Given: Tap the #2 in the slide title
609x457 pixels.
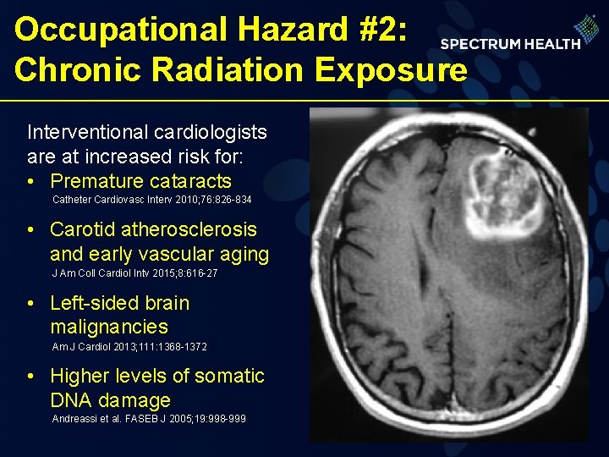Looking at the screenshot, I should coord(385,30).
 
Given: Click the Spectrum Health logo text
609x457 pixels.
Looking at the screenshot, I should coord(510,43).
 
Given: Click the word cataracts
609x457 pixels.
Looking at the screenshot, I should coord(189,181).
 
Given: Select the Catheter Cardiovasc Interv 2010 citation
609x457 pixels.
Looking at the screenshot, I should coord(151,201).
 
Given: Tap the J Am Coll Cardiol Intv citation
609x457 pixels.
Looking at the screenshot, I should coord(134,274).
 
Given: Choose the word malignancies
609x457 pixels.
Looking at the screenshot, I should coord(109,327).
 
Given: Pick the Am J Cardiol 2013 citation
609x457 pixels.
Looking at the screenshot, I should coord(129,347).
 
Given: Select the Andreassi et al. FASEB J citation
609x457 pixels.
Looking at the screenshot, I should coord(149,419).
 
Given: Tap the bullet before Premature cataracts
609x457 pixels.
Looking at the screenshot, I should coord(31,182).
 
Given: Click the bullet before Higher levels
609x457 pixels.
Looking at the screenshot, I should coord(31,377).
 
